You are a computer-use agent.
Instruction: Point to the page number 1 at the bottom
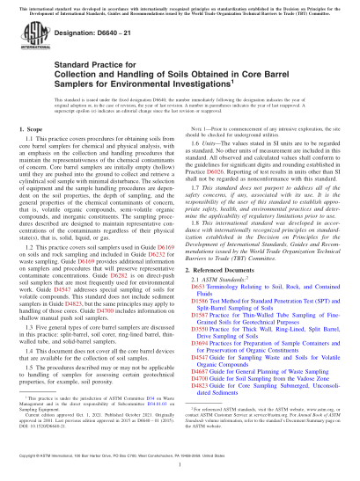click(180, 467)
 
